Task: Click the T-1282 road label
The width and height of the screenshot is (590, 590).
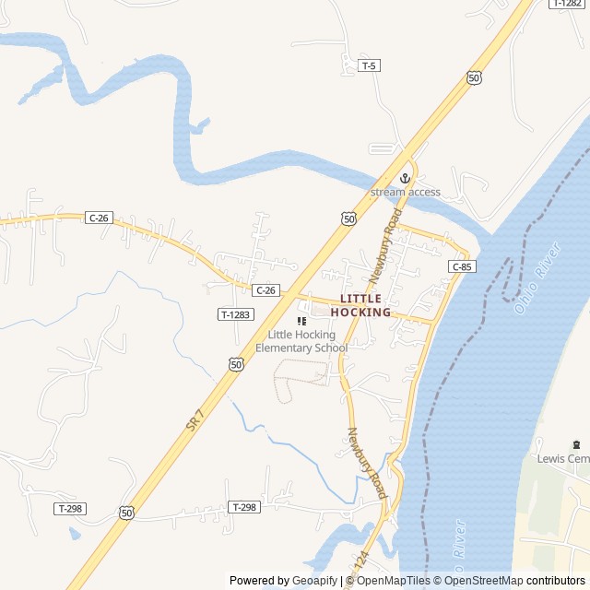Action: point(566,4)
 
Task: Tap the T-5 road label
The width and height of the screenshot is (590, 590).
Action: point(369,65)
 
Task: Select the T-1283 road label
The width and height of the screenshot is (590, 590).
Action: point(235,314)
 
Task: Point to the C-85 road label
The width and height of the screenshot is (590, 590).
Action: point(462,266)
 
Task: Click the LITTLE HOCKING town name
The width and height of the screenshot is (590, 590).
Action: point(366,305)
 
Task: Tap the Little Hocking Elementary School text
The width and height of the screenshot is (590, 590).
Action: point(301,341)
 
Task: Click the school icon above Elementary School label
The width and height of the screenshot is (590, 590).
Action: point(301,321)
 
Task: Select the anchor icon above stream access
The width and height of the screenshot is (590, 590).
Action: point(404,178)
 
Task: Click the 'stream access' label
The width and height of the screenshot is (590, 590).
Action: point(405,192)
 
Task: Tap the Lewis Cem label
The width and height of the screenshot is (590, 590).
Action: point(562,459)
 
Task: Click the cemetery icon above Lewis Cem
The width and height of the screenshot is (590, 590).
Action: point(577,444)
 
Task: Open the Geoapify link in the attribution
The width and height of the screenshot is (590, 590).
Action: point(314,581)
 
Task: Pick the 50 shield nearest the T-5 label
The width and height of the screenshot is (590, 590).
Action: point(474,78)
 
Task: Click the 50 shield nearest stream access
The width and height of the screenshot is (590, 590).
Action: point(347,218)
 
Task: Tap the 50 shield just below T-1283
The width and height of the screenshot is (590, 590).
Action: point(237,365)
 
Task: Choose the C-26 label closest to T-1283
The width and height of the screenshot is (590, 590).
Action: point(265,290)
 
